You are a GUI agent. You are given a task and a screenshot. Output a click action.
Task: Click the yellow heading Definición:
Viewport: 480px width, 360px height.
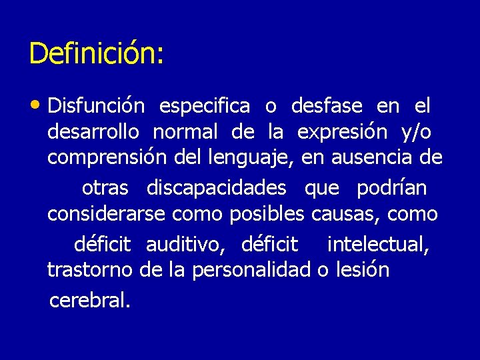pyautogui.click(x=96, y=53)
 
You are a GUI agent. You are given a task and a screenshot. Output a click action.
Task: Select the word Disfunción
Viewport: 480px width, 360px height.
pyautogui.click(x=96, y=106)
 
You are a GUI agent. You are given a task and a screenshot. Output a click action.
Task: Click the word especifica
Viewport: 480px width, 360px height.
pyautogui.click(x=205, y=106)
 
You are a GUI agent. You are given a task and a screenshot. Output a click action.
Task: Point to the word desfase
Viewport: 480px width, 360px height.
pyautogui.click(x=327, y=106)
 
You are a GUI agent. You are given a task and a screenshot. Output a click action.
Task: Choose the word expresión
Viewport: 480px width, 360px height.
pyautogui.click(x=342, y=132)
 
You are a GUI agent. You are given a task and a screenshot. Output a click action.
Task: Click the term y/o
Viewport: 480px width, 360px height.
pyautogui.click(x=417, y=132)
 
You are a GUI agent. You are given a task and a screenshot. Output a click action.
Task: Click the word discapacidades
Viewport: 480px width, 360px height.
pyautogui.click(x=216, y=188)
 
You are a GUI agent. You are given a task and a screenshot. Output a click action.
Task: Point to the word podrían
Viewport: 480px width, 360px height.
pyautogui.click(x=391, y=188)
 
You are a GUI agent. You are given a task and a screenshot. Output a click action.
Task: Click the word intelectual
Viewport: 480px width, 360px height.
pyautogui.click(x=378, y=245)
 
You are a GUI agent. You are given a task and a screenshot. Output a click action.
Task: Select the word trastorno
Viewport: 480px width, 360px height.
pyautogui.click(x=90, y=271)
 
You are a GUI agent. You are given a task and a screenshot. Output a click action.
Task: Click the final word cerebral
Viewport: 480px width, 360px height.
pyautogui.click(x=89, y=301)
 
